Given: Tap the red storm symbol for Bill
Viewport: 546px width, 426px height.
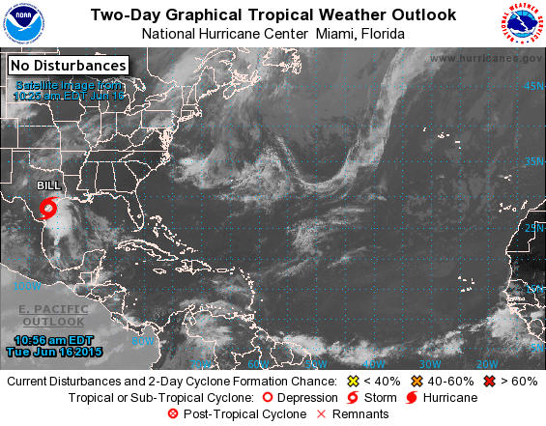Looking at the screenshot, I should click(51, 208).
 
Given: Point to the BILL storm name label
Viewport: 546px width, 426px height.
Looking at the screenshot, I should click(48, 185).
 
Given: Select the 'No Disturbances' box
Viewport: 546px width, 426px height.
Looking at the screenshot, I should click(69, 66).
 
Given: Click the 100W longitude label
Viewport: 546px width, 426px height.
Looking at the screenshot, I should click(27, 285).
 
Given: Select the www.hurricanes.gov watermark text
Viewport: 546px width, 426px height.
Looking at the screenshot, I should click(485, 58).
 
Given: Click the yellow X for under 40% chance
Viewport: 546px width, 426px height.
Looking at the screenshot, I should click(353, 382).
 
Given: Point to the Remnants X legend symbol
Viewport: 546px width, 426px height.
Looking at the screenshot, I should click(321, 413).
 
